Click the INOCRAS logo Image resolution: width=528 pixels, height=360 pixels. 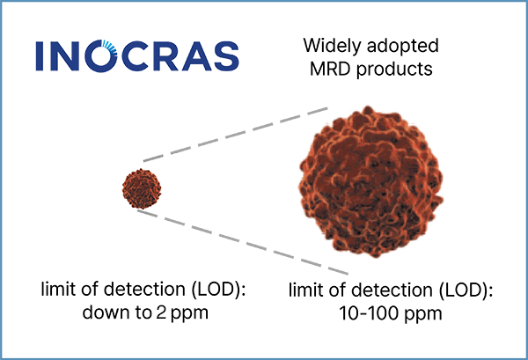137,55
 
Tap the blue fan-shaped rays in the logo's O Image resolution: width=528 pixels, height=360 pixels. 110,48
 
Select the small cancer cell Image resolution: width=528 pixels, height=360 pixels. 142,188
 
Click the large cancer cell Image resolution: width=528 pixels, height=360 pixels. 371,182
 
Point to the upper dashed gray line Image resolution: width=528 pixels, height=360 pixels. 235,135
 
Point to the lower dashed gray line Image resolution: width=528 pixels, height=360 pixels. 243,242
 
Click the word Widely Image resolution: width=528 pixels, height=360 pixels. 333,46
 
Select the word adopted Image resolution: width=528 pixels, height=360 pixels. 403,46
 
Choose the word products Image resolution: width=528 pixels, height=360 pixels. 394,70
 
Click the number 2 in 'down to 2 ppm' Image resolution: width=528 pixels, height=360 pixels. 161,313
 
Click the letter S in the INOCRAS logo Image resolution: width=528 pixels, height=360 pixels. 227,56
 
